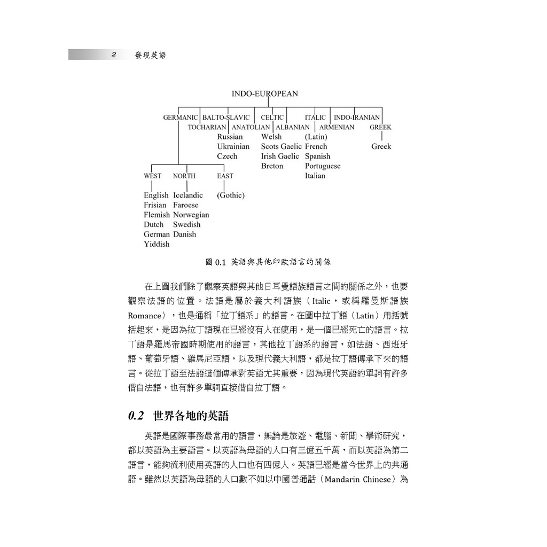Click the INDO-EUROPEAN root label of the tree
point(264,94)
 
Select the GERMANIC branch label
point(180,118)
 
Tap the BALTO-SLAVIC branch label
point(226,118)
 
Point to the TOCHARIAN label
point(207,128)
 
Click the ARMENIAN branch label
point(337,128)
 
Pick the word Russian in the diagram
point(230,137)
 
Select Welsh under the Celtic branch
point(271,137)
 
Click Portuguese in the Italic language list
point(323,166)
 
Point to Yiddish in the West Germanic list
point(157,244)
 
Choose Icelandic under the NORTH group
point(188,196)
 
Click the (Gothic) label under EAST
point(231,196)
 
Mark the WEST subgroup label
point(152,176)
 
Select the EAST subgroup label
point(225,176)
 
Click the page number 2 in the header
point(114,54)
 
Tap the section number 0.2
point(137,416)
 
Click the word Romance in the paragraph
point(144,315)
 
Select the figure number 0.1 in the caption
point(221,262)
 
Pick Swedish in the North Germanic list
point(186,225)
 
